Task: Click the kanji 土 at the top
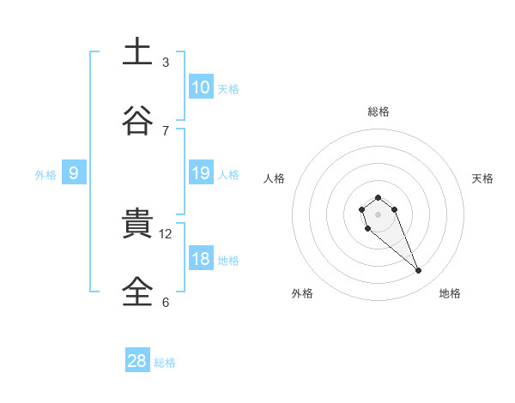(x=137, y=51)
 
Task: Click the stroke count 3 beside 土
(x=166, y=62)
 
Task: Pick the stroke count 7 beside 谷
(x=166, y=130)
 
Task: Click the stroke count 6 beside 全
(x=166, y=302)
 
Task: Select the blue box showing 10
(x=200, y=87)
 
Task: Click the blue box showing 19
(x=200, y=173)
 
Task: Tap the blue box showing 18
(x=200, y=260)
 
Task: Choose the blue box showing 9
(x=74, y=173)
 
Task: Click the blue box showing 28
(x=137, y=361)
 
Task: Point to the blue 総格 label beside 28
(x=165, y=363)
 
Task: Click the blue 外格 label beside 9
(x=45, y=175)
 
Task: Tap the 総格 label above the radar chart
(x=378, y=111)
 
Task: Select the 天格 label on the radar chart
(x=482, y=178)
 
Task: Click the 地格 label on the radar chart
(x=450, y=293)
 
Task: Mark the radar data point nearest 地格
(x=419, y=271)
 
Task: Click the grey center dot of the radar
(x=378, y=214)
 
